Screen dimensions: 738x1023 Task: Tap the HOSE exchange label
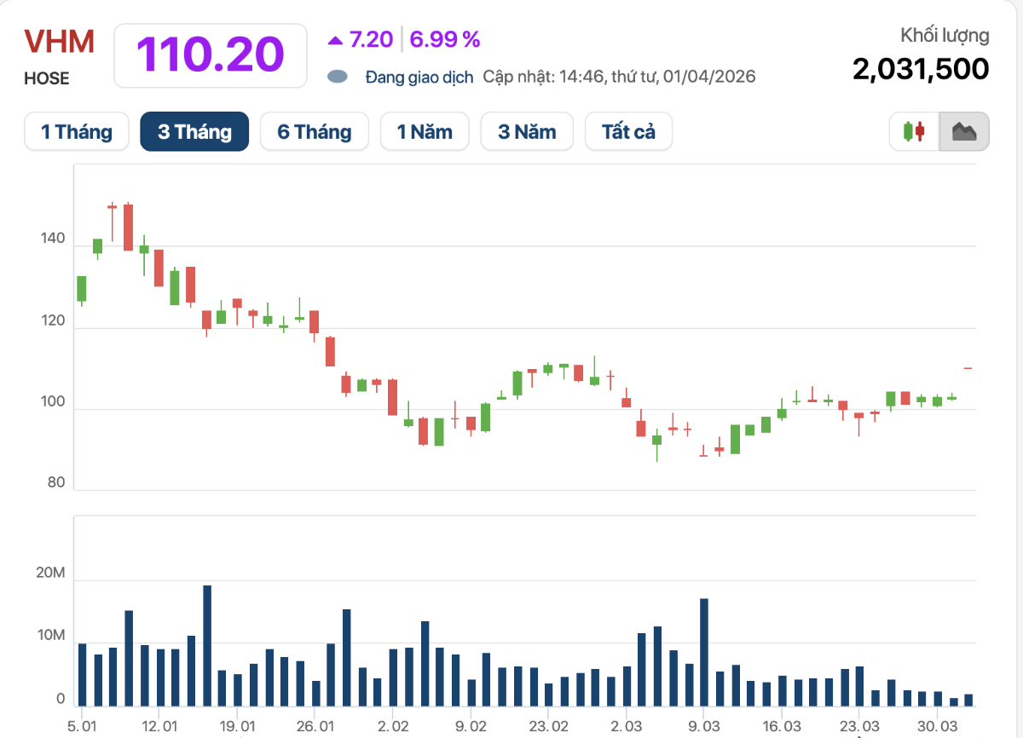47,78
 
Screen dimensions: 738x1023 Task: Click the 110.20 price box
210,55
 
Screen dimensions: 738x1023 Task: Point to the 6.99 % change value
445,39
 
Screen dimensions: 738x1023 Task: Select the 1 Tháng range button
77,132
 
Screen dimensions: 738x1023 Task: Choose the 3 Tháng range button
194,132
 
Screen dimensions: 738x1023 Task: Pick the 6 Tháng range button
314,132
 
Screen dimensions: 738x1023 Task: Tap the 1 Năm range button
425,132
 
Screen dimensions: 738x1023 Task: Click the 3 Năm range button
527,132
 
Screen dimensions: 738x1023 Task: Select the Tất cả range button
628,132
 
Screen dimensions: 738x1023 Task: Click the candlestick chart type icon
914,132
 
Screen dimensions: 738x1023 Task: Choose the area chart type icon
964,132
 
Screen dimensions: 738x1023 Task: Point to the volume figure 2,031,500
921,69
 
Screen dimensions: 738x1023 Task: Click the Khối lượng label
945,36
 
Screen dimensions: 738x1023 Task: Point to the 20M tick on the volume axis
49,574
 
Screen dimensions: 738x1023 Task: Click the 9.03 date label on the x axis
703,726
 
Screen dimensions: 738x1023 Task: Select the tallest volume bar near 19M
207,646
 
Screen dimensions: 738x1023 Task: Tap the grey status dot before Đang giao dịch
338,77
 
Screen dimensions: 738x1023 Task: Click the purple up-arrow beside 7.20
335,40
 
